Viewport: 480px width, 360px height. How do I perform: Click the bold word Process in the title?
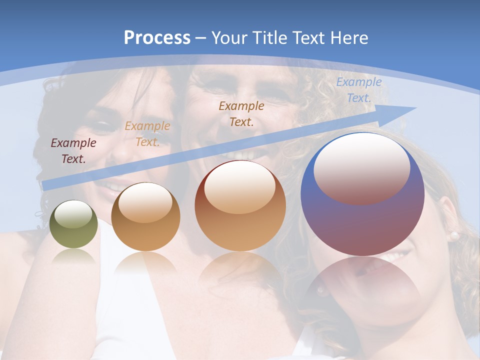(x=157, y=37)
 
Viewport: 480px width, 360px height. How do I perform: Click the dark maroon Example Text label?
(x=73, y=150)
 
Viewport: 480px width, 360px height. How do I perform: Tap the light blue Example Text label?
(x=358, y=90)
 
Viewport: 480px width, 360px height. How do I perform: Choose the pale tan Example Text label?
(x=147, y=133)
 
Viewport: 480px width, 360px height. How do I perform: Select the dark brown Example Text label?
(x=241, y=113)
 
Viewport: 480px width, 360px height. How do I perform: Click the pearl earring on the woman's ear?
(x=454, y=234)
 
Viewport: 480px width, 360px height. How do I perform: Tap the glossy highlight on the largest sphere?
(x=361, y=169)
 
